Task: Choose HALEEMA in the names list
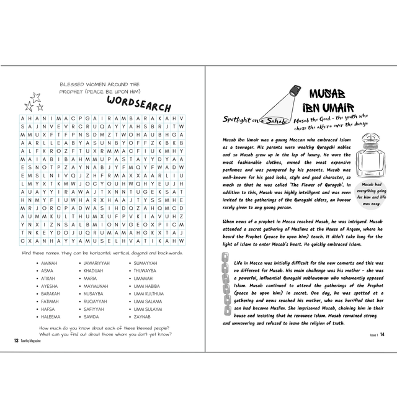51,316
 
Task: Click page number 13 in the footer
16,340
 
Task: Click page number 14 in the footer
382,334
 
